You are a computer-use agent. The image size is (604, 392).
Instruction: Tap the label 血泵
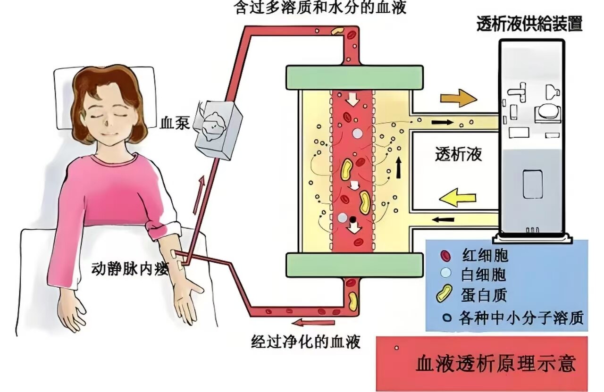[x=175, y=123]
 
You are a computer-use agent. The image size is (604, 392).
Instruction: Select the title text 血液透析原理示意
[x=495, y=364]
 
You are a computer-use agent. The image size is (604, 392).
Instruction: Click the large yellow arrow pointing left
[x=458, y=197]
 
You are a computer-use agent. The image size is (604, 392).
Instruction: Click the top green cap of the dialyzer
[x=354, y=77]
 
